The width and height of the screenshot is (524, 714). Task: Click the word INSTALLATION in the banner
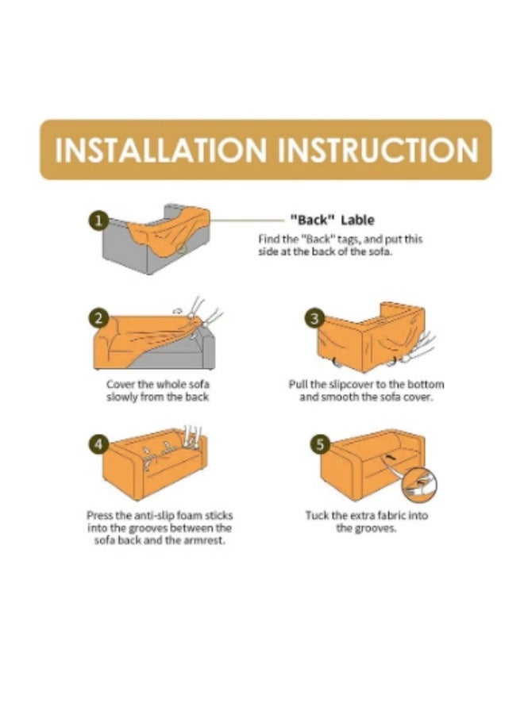(x=160, y=150)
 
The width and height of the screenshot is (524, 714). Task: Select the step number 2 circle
(x=98, y=318)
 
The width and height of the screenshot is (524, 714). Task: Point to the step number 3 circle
(x=314, y=318)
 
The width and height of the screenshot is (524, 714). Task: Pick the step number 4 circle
(x=98, y=444)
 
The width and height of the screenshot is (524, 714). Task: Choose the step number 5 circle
(x=319, y=444)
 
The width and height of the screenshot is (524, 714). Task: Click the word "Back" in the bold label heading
(x=313, y=220)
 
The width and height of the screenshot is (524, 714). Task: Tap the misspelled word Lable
(x=358, y=220)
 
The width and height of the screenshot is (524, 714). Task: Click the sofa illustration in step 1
(x=156, y=238)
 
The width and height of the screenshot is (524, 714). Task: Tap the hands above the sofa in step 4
(x=192, y=436)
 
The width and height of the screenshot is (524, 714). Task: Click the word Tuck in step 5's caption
(x=317, y=516)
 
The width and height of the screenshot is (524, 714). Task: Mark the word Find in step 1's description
(x=268, y=239)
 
